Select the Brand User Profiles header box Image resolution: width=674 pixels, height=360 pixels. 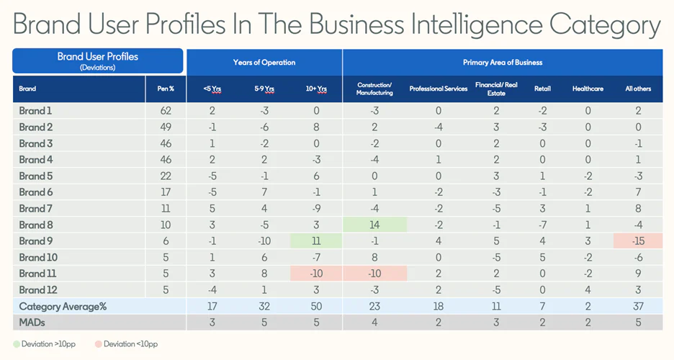pos(98,60)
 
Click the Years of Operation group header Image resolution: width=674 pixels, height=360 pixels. pos(264,63)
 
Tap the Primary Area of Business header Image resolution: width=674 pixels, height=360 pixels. pos(502,63)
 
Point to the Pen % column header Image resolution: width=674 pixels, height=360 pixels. pos(166,89)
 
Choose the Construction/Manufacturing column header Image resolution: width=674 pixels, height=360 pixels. pos(374,89)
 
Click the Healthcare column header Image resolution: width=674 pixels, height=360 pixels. pos(588,89)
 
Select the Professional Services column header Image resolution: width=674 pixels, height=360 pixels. pos(439,89)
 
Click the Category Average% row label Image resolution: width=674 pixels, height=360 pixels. pos(63,306)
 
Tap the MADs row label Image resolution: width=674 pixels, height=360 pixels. pos(32,322)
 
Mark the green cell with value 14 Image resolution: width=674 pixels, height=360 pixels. pos(374,225)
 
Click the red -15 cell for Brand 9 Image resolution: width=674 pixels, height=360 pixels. pos(638,241)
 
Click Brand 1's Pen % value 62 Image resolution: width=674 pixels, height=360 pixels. pos(166,111)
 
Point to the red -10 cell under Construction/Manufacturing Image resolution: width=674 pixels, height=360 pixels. pos(374,274)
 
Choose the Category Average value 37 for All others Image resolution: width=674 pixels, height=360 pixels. pos(638,306)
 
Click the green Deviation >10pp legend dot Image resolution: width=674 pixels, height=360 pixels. pos(17,344)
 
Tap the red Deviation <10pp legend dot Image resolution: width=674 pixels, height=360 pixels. pos(98,344)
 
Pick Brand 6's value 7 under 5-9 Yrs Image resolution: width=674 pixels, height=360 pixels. pos(264,192)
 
